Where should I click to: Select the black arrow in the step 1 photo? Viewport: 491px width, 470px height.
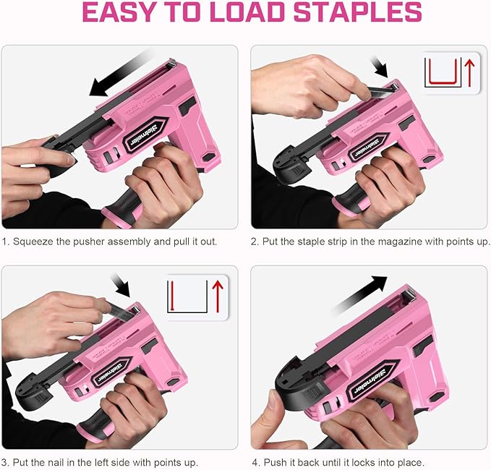119,73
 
